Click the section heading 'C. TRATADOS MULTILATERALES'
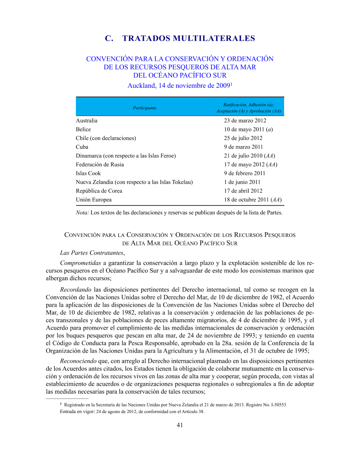(x=180, y=38)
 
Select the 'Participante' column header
(x=144, y=107)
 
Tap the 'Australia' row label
(x=86, y=120)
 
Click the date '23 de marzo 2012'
(x=245, y=120)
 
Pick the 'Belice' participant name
(x=83, y=129)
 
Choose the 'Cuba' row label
(x=82, y=147)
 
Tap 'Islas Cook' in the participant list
(x=88, y=173)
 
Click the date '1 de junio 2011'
(x=242, y=182)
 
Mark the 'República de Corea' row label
(x=99, y=191)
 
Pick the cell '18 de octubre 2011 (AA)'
(x=253, y=200)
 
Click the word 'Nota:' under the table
(x=82, y=213)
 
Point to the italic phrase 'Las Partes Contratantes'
(x=92, y=253)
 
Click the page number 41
(x=180, y=425)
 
